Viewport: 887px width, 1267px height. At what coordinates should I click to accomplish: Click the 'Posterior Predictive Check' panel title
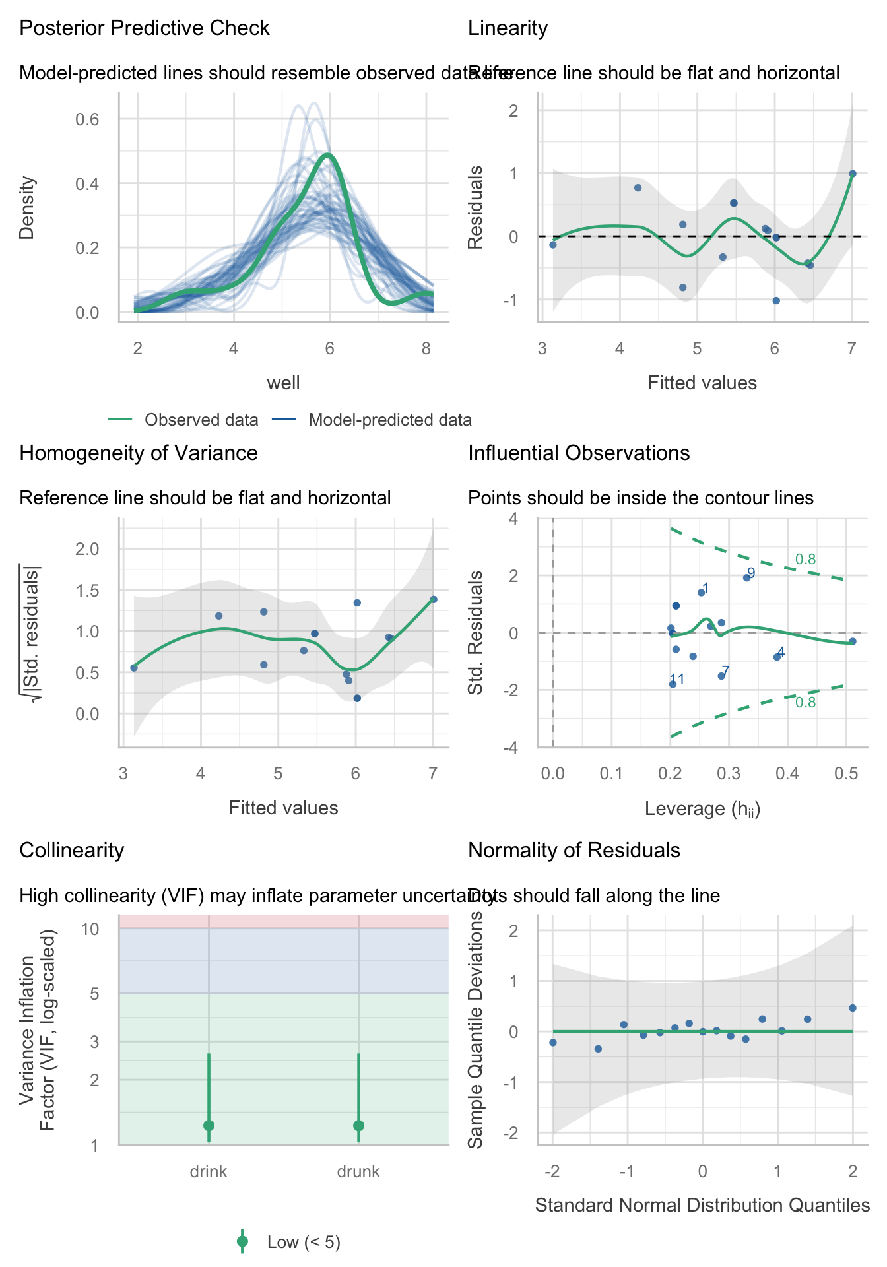[145, 28]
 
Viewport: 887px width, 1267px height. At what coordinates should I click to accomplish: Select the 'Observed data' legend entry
[201, 420]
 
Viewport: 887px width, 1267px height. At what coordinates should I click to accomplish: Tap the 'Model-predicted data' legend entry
[389, 420]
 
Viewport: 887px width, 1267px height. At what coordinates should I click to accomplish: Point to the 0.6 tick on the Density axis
[86, 119]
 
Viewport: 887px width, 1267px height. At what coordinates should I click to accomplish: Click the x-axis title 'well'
[284, 383]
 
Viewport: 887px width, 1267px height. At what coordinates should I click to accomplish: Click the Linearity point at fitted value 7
[852, 174]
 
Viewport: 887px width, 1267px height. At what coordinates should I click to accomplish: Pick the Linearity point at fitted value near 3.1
[553, 245]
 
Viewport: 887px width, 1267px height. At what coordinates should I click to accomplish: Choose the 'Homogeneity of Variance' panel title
[139, 453]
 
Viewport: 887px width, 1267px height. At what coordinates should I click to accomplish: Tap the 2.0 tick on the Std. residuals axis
[87, 549]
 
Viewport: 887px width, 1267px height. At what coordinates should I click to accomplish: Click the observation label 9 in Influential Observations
[751, 573]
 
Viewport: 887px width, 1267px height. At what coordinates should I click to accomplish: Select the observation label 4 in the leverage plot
[781, 653]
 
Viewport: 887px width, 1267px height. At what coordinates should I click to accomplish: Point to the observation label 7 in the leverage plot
[725, 672]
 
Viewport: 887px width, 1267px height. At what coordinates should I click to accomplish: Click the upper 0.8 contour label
[805, 560]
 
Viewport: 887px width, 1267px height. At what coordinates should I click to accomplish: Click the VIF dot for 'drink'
[209, 1126]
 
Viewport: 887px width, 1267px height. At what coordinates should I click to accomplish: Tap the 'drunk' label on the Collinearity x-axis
[358, 1172]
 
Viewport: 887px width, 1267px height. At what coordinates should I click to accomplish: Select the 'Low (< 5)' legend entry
[304, 1243]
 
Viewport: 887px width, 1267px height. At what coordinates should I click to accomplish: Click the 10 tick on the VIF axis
[90, 929]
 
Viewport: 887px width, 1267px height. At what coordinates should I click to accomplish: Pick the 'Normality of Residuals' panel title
[574, 851]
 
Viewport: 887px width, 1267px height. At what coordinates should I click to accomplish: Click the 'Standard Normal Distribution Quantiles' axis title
[702, 1206]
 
